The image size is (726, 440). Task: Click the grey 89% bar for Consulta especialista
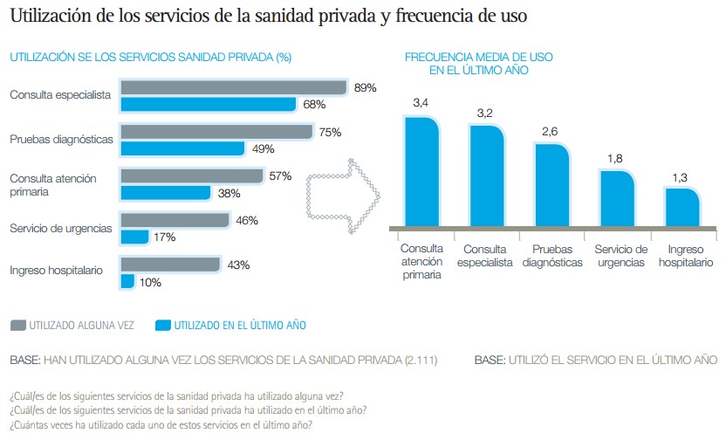234,87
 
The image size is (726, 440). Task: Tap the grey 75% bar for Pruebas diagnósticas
216,132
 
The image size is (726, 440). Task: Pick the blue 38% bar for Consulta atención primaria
165,193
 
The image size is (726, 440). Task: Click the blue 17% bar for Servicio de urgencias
134,237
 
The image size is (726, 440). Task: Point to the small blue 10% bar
127,281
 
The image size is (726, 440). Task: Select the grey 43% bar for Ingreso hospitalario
170,265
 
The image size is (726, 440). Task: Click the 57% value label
280,176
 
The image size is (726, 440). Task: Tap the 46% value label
247,221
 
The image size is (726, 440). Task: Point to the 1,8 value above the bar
614,159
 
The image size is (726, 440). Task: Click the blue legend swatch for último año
161,326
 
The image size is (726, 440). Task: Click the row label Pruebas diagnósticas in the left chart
61,139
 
